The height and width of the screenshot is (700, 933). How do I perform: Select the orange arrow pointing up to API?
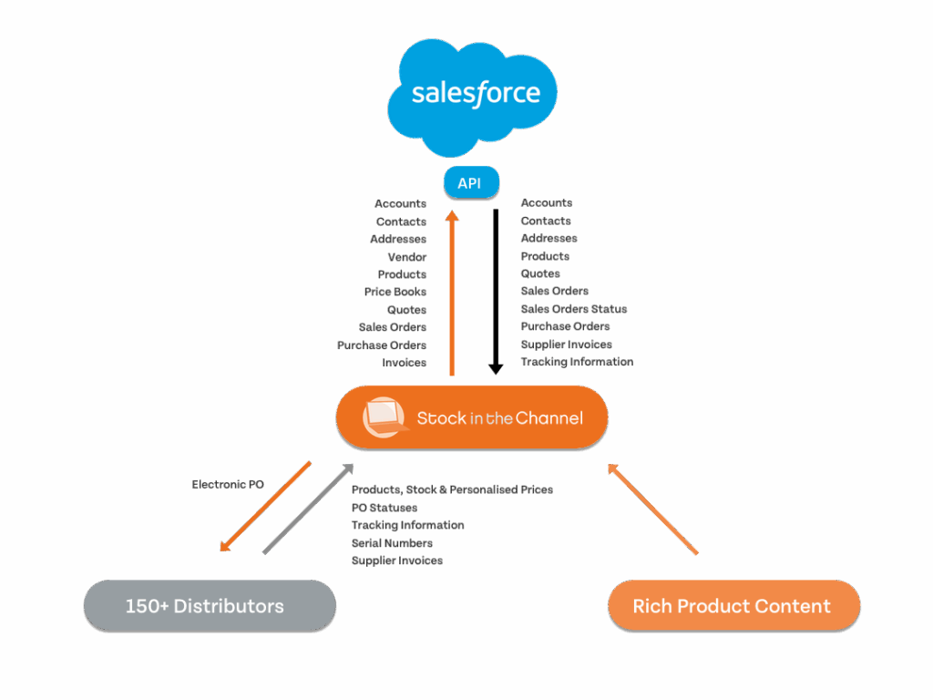451,292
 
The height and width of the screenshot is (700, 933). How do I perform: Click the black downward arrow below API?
496,292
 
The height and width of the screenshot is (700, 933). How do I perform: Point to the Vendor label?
406,257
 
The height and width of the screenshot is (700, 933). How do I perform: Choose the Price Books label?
395,292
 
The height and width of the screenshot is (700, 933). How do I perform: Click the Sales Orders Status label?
574,309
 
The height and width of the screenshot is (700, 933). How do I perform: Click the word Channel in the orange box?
549,418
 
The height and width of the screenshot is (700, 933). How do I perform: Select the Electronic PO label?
228,485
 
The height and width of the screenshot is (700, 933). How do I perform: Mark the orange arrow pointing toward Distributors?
264,507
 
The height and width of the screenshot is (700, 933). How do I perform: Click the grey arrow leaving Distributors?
308,508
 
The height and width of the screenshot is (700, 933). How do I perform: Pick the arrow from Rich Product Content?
653,510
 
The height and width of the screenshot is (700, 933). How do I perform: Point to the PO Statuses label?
384,508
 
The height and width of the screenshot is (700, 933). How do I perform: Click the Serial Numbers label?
393,543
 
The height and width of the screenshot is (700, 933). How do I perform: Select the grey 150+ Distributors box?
210,606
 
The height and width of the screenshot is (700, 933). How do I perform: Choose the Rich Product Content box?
733,606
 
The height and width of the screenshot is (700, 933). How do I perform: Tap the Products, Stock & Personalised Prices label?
452,489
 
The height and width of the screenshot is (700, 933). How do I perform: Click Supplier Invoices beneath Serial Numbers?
397,561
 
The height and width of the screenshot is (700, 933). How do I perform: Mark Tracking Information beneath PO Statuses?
408,525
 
